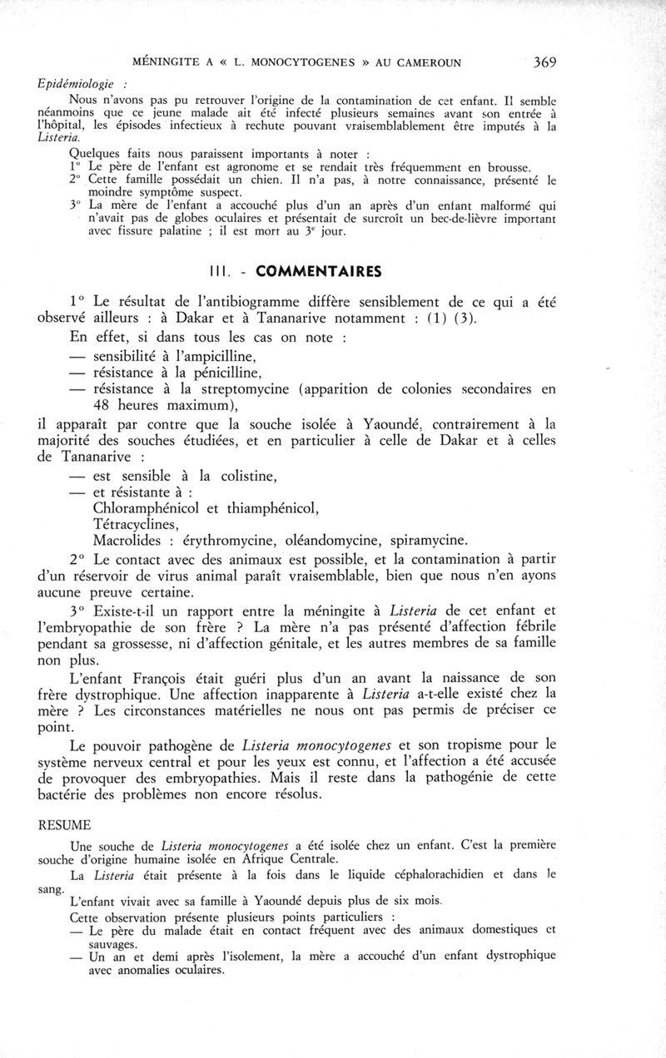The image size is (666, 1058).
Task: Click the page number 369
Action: click(x=541, y=62)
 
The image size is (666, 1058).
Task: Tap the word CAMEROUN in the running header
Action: click(x=423, y=62)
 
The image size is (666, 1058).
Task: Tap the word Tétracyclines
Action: click(x=136, y=524)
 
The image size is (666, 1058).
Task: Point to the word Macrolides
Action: click(x=132, y=541)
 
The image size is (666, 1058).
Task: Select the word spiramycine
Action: click(x=425, y=541)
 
